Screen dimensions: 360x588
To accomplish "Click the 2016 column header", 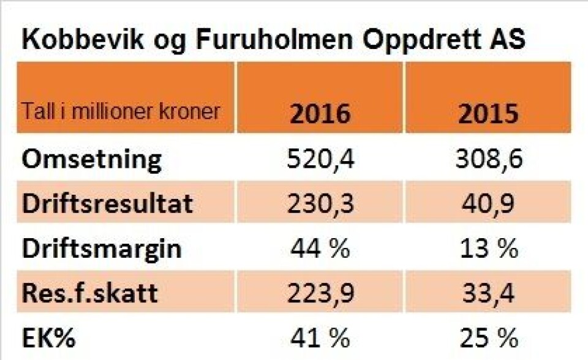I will (320, 114).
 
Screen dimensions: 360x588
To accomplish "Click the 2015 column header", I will (488, 114).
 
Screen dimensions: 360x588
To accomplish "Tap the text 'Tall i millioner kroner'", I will (122, 113).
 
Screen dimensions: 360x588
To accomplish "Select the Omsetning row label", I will (92, 160).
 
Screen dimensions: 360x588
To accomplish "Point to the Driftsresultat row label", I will (108, 204).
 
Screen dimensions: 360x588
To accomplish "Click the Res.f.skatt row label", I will (90, 293).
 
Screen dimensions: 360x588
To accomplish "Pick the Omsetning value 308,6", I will (488, 160).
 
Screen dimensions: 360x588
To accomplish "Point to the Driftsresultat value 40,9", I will (488, 204).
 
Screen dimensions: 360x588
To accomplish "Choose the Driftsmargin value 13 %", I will (488, 249).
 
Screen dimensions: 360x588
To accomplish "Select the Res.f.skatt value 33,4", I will (488, 293).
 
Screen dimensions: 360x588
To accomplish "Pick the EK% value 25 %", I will (488, 338).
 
